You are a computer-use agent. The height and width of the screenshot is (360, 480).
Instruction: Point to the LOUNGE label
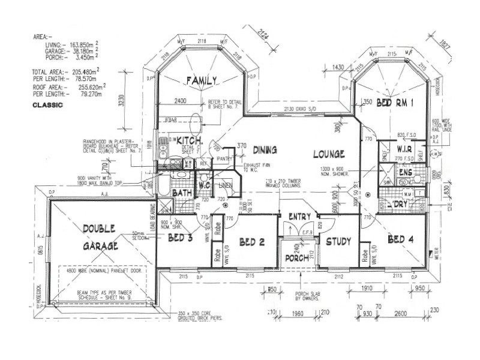(328, 154)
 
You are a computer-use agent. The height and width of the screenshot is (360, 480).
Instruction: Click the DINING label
(264, 149)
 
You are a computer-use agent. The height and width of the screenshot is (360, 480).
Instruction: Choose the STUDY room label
(338, 242)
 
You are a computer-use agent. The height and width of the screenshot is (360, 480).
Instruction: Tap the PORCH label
(298, 259)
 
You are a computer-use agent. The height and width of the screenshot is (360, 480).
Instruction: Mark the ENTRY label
(299, 217)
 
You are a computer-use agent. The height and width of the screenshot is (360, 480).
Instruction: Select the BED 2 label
(251, 242)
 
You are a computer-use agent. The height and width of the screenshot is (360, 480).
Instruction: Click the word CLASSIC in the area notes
(48, 104)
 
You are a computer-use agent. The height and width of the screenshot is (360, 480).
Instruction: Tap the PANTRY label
(225, 158)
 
